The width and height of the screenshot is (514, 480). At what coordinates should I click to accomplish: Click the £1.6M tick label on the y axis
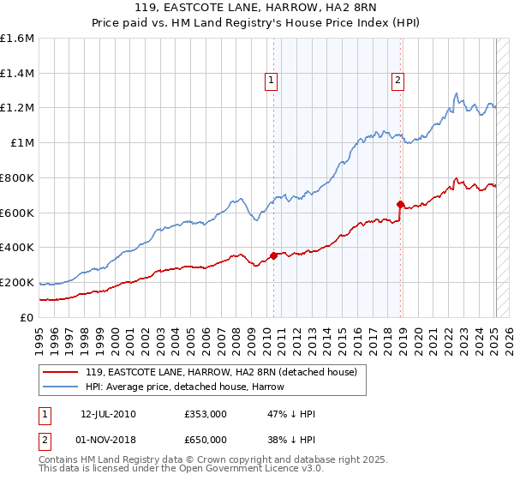click(17, 39)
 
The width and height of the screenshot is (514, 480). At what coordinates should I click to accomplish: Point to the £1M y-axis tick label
click(23, 143)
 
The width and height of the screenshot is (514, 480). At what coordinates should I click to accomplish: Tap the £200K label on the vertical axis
click(17, 282)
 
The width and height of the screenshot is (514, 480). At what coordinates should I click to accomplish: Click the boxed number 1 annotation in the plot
click(271, 81)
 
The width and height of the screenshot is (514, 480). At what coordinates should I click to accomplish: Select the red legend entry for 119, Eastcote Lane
click(226, 371)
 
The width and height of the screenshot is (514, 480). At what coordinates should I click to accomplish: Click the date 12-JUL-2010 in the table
click(108, 414)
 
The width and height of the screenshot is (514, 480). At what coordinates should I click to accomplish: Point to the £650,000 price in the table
click(206, 439)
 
